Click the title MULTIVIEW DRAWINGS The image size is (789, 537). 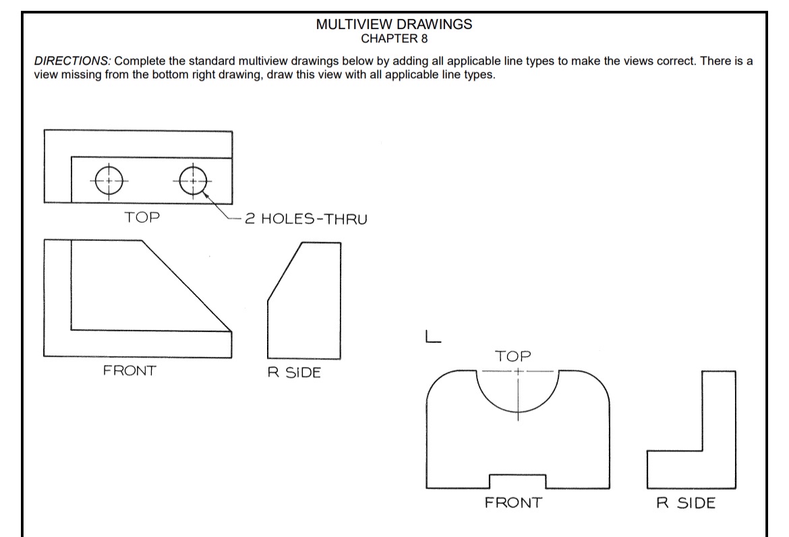pos(394,24)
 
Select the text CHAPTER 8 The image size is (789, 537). pos(394,37)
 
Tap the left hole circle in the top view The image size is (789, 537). pos(109,180)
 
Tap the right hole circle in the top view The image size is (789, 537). pos(193,181)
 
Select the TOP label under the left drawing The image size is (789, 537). pos(142,217)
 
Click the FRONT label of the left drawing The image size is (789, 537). pos(129,370)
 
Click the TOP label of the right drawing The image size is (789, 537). pos(513,356)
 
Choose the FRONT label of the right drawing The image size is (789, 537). pos(513,503)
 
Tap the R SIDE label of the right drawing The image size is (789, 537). pos(686,503)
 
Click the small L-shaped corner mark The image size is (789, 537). pos(432,337)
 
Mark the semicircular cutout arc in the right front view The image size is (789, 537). pos(517,413)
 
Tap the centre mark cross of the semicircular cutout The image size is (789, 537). pos(517,372)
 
